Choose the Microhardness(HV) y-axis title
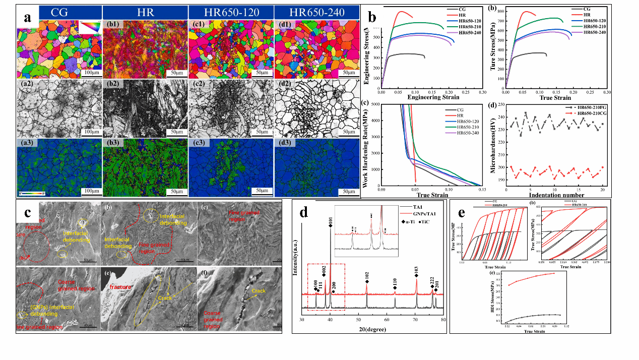[493, 146]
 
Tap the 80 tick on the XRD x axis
[443, 320]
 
